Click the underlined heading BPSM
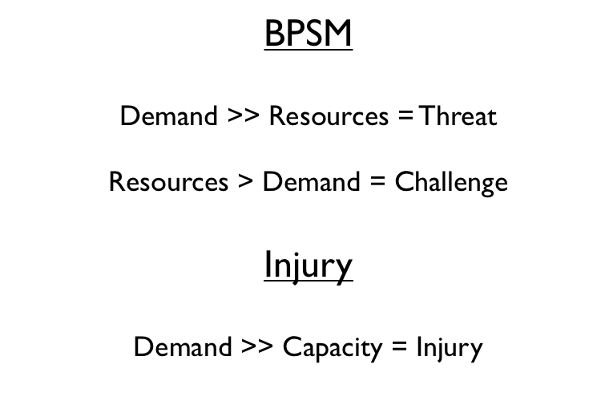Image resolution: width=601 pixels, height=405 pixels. [x=309, y=33]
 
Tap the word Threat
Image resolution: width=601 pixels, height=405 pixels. [x=458, y=115]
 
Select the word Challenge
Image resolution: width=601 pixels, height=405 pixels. [x=451, y=182]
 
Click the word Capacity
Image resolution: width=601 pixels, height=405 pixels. [x=333, y=347]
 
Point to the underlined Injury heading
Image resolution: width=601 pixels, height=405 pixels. [x=309, y=265]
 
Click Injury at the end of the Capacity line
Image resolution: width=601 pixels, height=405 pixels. [x=450, y=347]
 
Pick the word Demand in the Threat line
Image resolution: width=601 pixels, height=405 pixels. [x=169, y=115]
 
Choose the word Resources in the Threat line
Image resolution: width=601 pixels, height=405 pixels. [x=329, y=115]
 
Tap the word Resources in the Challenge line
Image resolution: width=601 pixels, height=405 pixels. [x=168, y=182]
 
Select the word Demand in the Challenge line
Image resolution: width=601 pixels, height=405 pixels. [x=311, y=182]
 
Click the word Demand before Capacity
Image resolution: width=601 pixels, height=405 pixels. [x=183, y=346]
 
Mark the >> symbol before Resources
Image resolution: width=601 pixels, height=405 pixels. [x=244, y=115]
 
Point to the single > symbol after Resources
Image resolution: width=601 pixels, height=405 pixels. [x=245, y=182]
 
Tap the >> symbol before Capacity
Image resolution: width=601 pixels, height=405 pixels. [x=257, y=346]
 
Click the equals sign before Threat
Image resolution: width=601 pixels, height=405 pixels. [x=405, y=115]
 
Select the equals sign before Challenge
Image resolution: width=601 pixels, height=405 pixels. [x=377, y=182]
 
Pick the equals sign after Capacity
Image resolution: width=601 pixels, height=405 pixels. [x=399, y=346]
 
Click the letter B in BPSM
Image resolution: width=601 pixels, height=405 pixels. [x=274, y=33]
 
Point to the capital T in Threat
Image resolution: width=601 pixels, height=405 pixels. [x=428, y=115]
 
